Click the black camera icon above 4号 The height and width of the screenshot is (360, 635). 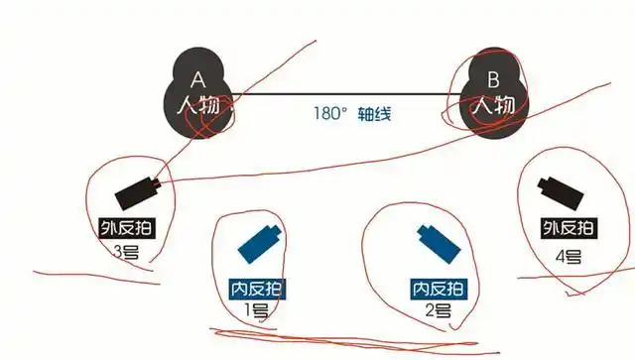(558, 189)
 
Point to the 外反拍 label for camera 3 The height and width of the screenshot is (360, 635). (126, 227)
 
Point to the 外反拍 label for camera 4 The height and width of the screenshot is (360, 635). (569, 227)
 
